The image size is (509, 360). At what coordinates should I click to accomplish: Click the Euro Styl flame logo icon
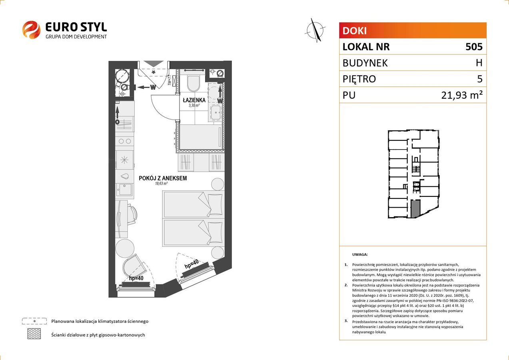[x=31, y=30]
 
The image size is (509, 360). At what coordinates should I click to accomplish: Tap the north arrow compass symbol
[x=315, y=30]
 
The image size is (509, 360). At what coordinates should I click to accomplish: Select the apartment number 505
[x=474, y=46]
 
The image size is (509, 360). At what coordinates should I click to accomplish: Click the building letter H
[x=479, y=63]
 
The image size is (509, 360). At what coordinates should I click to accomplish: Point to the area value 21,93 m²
[x=462, y=95]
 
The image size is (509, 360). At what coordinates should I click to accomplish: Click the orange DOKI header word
[x=355, y=31]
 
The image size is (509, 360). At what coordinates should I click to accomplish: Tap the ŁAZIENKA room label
[x=194, y=100]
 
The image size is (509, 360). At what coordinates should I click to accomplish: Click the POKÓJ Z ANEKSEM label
[x=163, y=178]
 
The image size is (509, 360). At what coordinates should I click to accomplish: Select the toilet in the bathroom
[x=194, y=82]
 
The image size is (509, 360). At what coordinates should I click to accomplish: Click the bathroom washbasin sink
[x=215, y=113]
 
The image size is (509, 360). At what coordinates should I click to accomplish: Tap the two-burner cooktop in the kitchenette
[x=124, y=141]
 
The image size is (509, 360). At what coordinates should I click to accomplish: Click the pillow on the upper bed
[x=215, y=204]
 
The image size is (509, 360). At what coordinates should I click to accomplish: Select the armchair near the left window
[x=134, y=266]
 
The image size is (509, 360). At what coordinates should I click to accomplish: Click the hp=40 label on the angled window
[x=192, y=264]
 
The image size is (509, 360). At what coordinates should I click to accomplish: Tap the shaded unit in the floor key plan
[x=415, y=209]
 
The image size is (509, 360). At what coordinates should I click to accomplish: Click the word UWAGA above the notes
[x=360, y=254]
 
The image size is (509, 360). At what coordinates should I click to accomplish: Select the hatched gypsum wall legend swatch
[x=34, y=334]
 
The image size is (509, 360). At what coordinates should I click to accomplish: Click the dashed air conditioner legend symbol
[x=34, y=321]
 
